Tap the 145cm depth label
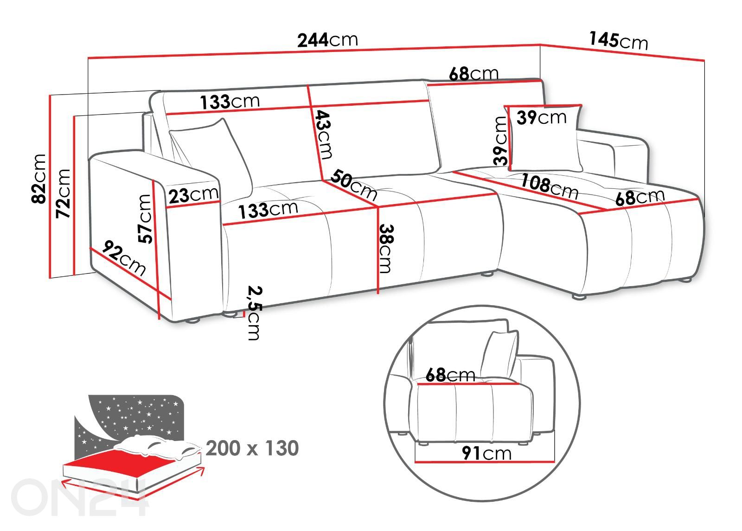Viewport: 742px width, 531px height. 619,40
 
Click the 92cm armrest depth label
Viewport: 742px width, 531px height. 124,257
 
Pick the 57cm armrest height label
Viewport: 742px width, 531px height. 145,218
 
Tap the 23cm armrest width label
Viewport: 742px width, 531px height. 193,195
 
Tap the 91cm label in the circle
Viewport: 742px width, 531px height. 486,453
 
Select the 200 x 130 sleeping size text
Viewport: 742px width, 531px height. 252,448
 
